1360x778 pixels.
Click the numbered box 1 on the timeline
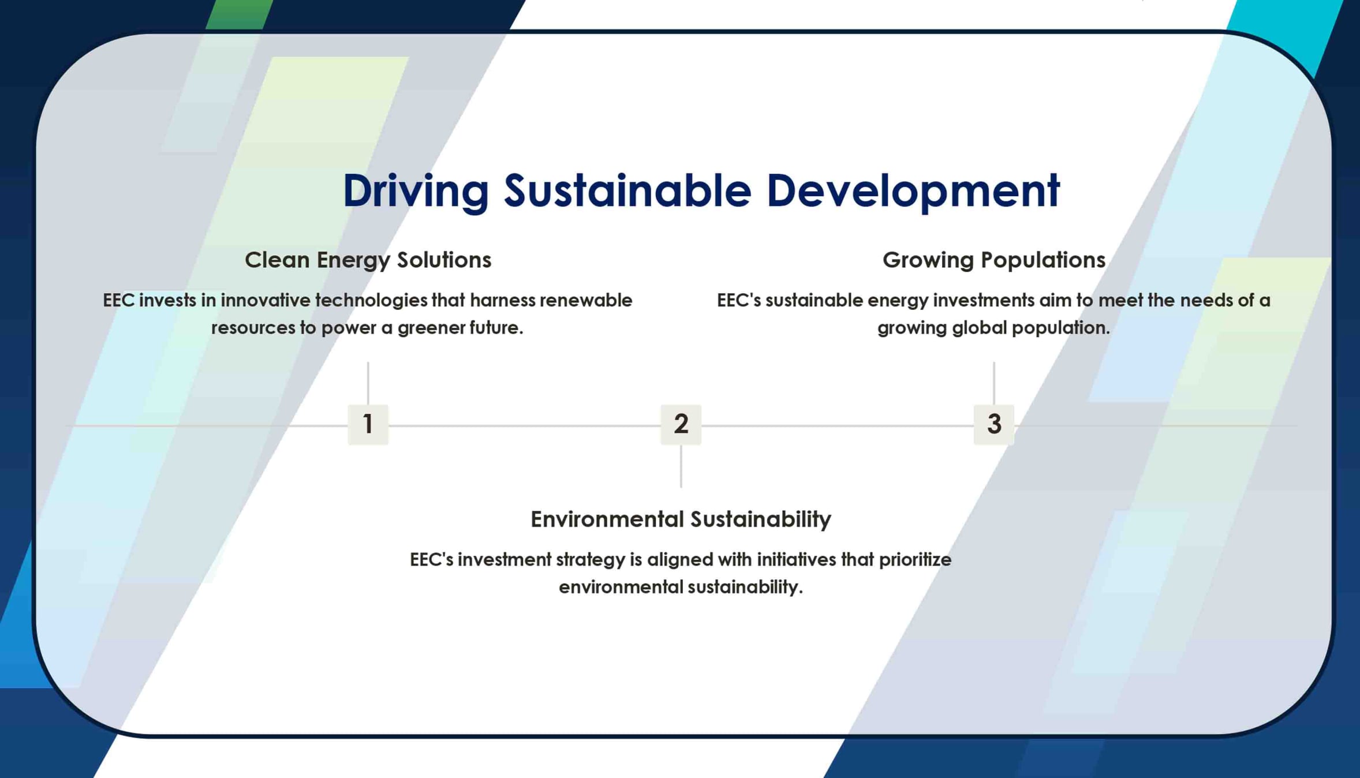point(368,424)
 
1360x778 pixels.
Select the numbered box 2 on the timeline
point(681,424)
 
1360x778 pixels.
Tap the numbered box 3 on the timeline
point(993,424)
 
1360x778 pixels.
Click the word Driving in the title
point(416,191)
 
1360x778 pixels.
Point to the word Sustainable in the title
point(627,190)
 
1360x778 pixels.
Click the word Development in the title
point(913,191)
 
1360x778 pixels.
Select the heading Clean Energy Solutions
point(368,260)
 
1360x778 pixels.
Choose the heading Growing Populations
point(993,260)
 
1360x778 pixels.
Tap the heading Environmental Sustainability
point(681,519)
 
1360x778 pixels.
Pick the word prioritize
point(915,560)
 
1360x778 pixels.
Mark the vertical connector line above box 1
point(368,383)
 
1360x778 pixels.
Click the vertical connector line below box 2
point(681,466)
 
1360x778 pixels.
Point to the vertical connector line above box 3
point(993,383)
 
